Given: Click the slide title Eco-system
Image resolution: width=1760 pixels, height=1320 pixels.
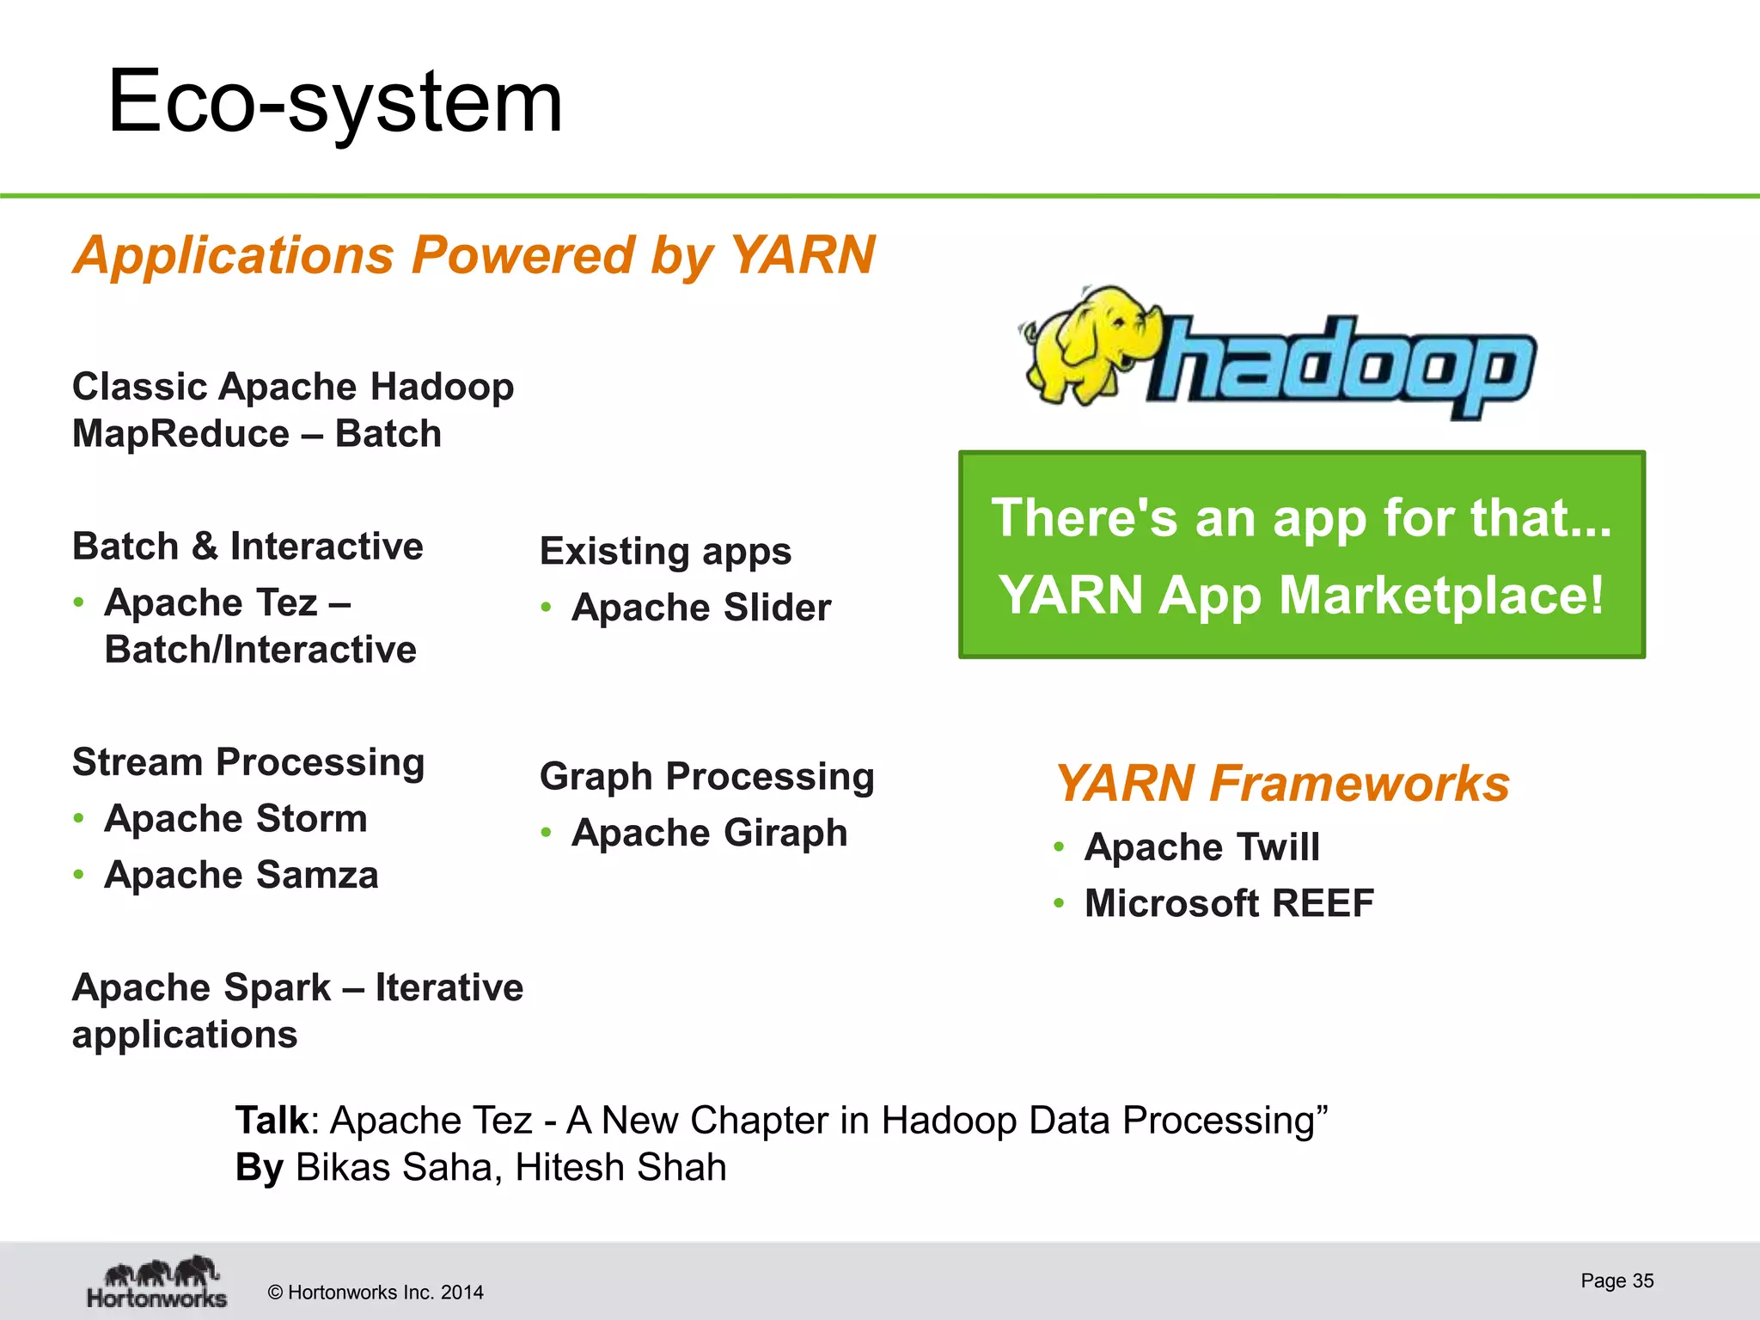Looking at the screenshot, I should point(335,103).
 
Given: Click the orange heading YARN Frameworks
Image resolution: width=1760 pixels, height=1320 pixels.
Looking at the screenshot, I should point(1282,784).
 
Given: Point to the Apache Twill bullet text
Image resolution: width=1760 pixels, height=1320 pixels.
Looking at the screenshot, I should point(1201,847).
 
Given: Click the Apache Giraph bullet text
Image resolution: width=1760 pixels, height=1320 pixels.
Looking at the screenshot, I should point(709,833).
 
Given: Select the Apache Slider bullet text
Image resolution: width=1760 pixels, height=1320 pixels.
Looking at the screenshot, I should point(701,608).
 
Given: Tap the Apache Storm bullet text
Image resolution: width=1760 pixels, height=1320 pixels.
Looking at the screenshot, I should point(235,818).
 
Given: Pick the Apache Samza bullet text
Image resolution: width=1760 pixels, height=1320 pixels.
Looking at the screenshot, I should point(241,875).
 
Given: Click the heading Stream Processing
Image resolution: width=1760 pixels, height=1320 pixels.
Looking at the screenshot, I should point(248,762).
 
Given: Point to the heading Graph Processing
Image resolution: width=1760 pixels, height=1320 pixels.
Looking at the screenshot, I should point(706,777).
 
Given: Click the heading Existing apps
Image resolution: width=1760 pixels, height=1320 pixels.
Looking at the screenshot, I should point(665,551).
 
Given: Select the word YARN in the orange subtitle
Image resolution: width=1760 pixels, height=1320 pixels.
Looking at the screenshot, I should point(802,255).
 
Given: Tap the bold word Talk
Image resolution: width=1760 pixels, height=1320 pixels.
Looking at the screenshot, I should point(272,1121).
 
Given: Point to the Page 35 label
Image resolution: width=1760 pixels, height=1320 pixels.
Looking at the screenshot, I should point(1616,1280).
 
